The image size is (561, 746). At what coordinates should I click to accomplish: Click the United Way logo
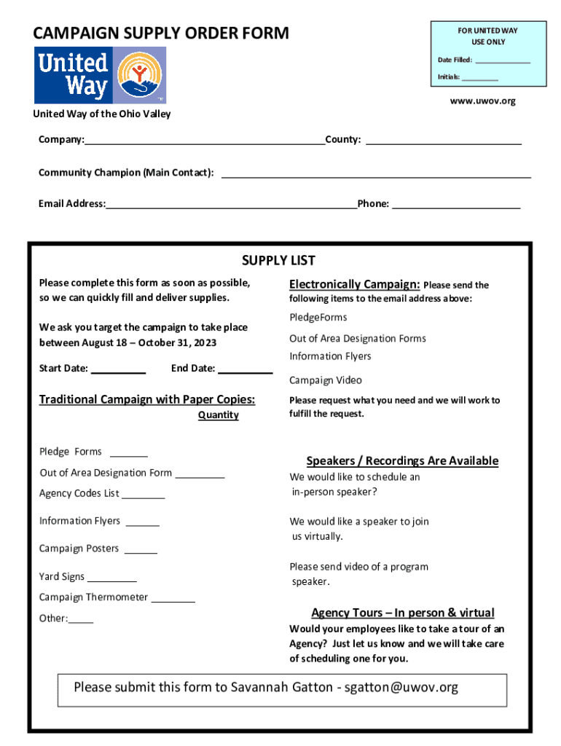click(100, 75)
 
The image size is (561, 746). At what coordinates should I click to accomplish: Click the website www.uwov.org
click(482, 101)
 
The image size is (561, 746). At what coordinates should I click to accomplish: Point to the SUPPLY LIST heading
click(278, 261)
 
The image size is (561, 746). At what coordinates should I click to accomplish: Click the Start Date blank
click(118, 370)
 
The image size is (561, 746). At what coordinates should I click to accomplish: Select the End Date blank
click(245, 370)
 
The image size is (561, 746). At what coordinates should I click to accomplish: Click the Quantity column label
click(218, 415)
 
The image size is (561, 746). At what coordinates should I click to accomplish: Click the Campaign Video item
click(325, 380)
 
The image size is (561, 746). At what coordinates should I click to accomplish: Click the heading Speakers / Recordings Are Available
click(402, 461)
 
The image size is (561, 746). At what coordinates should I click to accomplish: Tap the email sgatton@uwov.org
click(401, 687)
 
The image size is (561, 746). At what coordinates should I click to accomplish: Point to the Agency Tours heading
click(402, 613)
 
